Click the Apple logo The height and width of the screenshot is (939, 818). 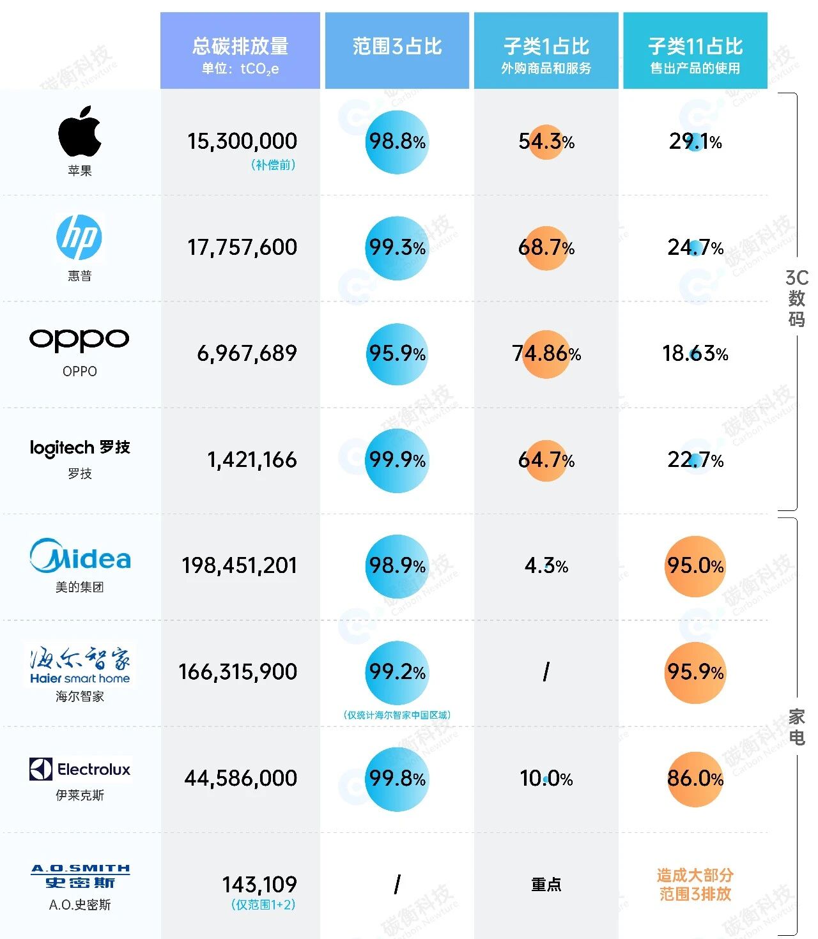[x=80, y=131]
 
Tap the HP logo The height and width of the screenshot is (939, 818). [x=79, y=237]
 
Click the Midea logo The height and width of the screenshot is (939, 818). [x=80, y=556]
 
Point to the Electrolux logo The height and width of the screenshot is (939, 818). [x=80, y=769]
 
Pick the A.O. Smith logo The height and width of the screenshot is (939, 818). [x=81, y=876]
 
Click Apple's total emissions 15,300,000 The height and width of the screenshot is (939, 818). [x=242, y=141]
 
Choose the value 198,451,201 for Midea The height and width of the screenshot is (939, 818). [x=240, y=565]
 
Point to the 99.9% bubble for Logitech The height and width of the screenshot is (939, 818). [x=397, y=460]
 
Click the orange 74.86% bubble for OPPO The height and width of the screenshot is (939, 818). [x=546, y=354]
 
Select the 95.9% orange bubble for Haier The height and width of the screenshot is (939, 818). [x=695, y=672]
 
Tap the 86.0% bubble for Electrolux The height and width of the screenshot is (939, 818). [x=695, y=778]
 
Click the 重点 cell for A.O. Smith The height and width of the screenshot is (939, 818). [x=546, y=885]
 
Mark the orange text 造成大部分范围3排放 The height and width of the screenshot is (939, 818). [x=695, y=885]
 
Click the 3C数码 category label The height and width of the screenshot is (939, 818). [x=796, y=298]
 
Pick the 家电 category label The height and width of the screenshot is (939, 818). [x=796, y=727]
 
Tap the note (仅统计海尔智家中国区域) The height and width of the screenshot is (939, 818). [x=397, y=715]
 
